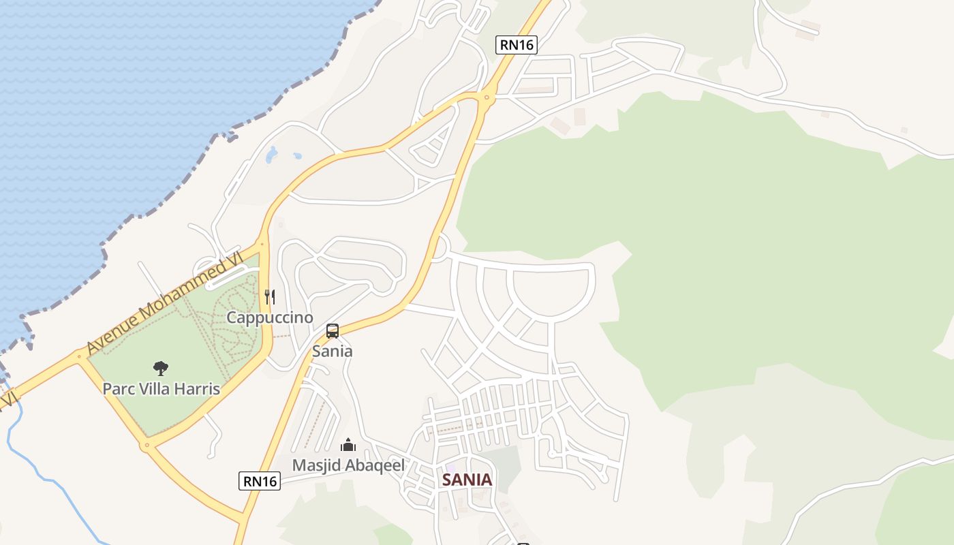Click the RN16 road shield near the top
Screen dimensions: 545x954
click(x=517, y=45)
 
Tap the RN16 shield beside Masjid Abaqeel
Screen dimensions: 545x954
click(x=260, y=481)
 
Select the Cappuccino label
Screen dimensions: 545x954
click(x=270, y=317)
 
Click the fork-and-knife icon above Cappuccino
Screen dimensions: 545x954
click(x=270, y=297)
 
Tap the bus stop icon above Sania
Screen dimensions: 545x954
click(x=333, y=331)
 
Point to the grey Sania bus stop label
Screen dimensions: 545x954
click(x=333, y=352)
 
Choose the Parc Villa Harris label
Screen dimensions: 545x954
click(x=161, y=389)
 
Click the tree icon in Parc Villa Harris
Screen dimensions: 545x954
click(x=161, y=369)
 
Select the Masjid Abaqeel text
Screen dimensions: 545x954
click(x=348, y=465)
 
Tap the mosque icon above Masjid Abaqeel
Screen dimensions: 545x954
click(x=348, y=446)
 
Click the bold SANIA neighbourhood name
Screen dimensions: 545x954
click(x=467, y=480)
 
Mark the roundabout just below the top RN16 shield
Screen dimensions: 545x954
click(x=486, y=98)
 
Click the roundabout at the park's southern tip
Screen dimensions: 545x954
click(x=147, y=446)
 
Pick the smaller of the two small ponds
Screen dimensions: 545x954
click(x=297, y=156)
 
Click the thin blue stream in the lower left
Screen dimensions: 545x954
click(x=41, y=477)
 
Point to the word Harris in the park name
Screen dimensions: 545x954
click(x=196, y=389)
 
